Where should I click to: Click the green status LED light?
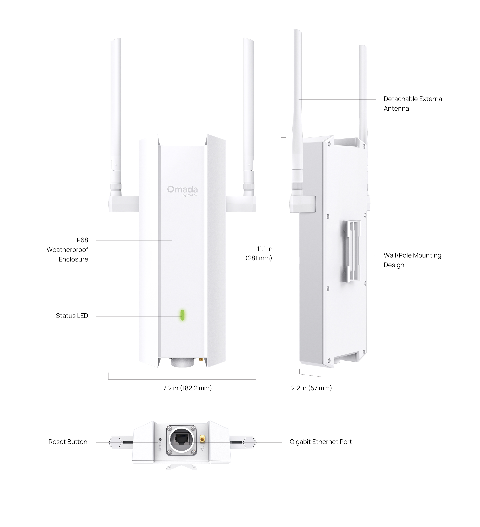tap(182, 315)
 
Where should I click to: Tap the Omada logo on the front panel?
tap(182, 191)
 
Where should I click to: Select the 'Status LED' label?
tap(72, 316)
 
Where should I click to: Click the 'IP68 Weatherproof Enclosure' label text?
tap(68, 250)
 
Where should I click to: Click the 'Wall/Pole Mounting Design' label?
tap(412, 260)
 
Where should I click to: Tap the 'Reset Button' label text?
tap(68, 442)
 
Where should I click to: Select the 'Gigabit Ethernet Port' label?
tap(321, 442)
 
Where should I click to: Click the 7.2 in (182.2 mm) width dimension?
tap(187, 388)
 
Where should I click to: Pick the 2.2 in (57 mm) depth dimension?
tap(311, 388)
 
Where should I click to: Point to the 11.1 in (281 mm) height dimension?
tap(259, 253)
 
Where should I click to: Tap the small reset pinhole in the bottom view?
tap(160, 440)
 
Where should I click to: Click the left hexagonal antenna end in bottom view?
tap(115, 443)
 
